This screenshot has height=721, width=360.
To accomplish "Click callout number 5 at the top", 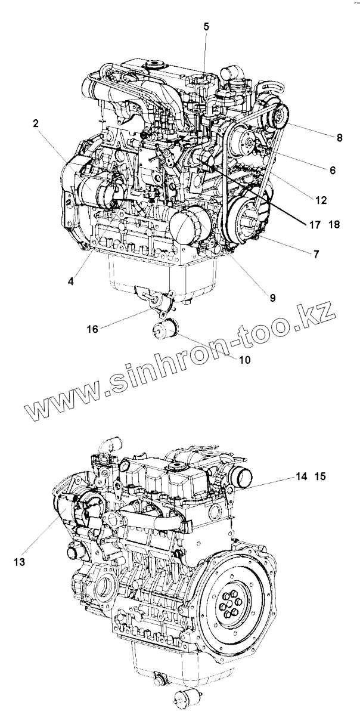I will pyautogui.click(x=206, y=26).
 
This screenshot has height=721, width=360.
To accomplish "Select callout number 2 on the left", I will pyautogui.click(x=36, y=124).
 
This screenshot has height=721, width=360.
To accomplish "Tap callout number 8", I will pyautogui.click(x=339, y=138).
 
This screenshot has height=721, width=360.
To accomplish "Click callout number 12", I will pyautogui.click(x=321, y=200).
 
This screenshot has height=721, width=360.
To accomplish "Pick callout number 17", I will pyautogui.click(x=314, y=225).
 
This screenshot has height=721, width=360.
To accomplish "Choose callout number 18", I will pyautogui.click(x=333, y=225).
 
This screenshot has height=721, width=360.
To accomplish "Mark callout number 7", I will pyautogui.click(x=316, y=254).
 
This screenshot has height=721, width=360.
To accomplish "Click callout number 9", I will pyautogui.click(x=272, y=297).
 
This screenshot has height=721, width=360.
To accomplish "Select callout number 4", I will pyautogui.click(x=71, y=280).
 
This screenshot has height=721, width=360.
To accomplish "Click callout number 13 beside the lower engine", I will pyautogui.click(x=19, y=561).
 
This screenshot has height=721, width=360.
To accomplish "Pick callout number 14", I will pyautogui.click(x=301, y=476).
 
